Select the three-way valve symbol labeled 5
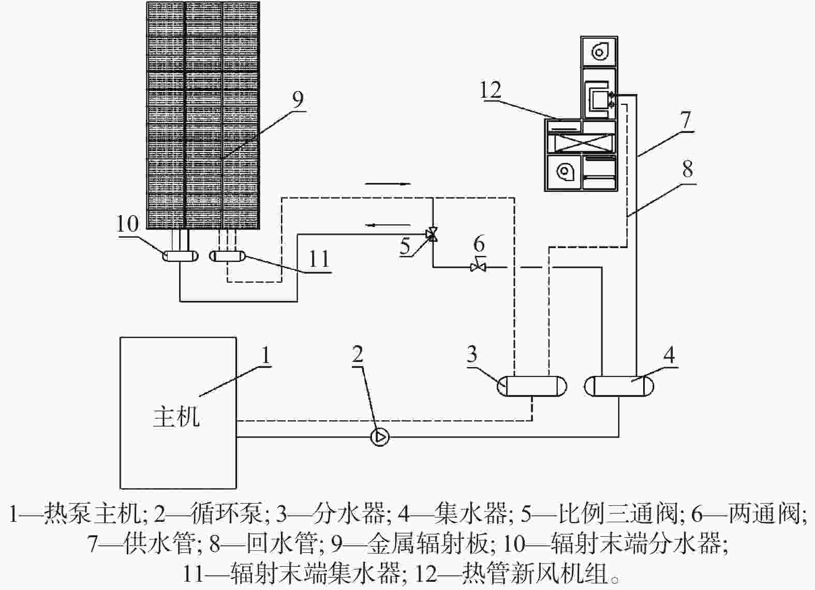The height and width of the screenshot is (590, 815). click(433, 234)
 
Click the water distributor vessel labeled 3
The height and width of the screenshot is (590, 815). click(532, 386)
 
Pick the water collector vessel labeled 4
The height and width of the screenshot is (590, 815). click(619, 386)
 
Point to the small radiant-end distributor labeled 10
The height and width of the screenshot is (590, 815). click(180, 256)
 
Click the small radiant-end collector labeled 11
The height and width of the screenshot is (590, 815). click(227, 256)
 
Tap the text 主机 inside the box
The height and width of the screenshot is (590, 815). click(176, 417)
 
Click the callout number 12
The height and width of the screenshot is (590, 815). click(491, 90)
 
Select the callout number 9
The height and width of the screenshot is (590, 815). click(298, 99)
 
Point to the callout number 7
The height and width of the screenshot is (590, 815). click(686, 119)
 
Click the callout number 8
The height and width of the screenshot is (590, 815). click(688, 169)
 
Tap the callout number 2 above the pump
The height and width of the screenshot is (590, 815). click(357, 354)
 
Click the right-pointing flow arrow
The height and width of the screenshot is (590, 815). click(388, 184)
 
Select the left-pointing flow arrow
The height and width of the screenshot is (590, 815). click(388, 225)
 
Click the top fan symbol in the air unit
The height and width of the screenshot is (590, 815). click(599, 52)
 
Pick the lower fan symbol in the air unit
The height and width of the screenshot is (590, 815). click(565, 171)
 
